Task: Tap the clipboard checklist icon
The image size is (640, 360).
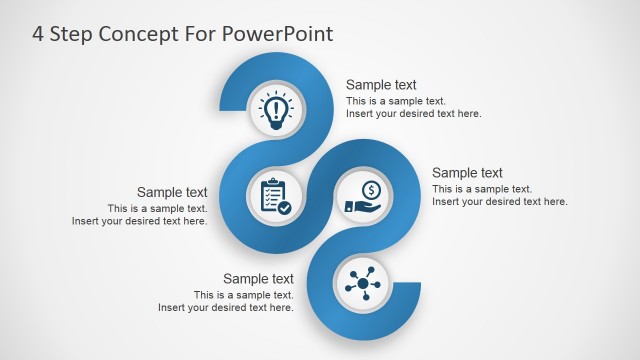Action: click(x=275, y=195)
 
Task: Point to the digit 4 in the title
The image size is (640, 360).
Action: click(x=39, y=34)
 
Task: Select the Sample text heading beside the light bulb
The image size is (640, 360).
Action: click(x=381, y=85)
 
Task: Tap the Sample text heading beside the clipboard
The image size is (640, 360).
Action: click(x=172, y=193)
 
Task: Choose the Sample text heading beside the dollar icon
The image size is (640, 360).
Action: click(x=467, y=173)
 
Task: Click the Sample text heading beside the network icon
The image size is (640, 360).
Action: click(x=258, y=279)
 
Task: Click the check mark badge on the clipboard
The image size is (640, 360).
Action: click(x=285, y=208)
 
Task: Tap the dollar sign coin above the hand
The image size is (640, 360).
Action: click(x=370, y=189)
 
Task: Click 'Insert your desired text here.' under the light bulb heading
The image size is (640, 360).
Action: click(x=414, y=114)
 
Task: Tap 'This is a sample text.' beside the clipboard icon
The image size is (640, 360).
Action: click(x=158, y=209)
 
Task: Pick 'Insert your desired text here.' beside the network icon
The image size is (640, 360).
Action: click(x=226, y=308)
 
